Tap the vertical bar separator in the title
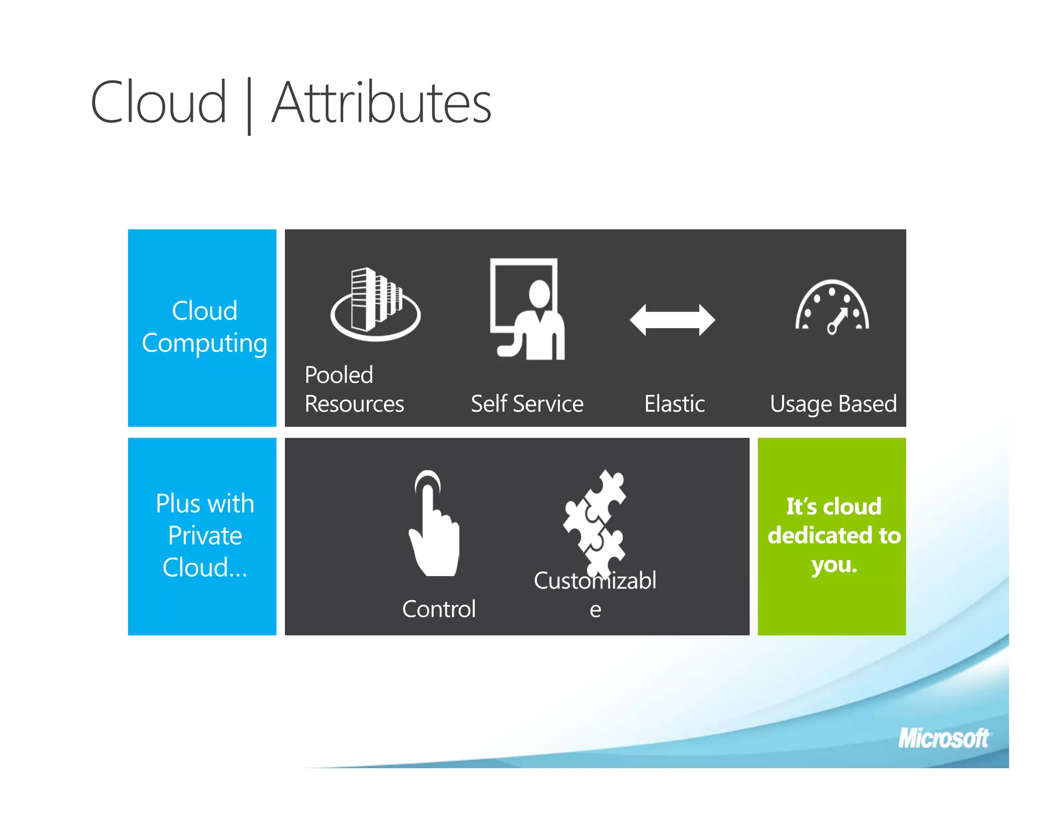point(249,106)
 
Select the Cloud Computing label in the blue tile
point(204,327)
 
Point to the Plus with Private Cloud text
point(205,535)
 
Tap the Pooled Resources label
point(354,389)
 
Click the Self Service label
point(527,403)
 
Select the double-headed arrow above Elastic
point(672,320)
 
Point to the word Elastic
point(674,403)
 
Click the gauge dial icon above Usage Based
point(832,307)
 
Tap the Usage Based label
point(833,404)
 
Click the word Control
point(439,609)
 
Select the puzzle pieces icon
point(595,521)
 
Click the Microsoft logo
point(943,738)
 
